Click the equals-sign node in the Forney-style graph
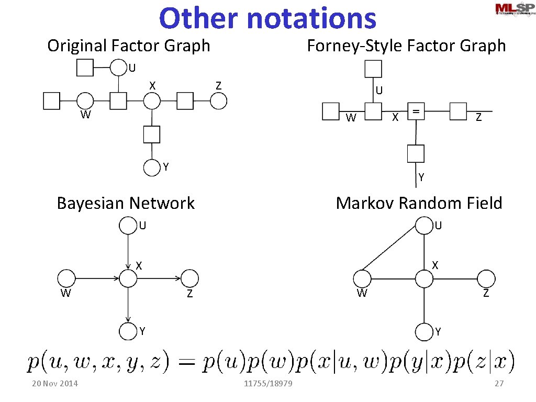click(416, 111)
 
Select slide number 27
click(499, 384)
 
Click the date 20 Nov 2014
click(54, 384)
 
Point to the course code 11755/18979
click(268, 384)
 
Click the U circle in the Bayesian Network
click(128, 226)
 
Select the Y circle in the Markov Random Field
click(424, 332)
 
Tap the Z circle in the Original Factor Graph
click(219, 100)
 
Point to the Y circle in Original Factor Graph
click(151, 167)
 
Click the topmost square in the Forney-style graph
click(373, 69)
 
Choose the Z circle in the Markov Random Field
click(486, 278)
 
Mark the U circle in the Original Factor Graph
click(119, 68)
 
